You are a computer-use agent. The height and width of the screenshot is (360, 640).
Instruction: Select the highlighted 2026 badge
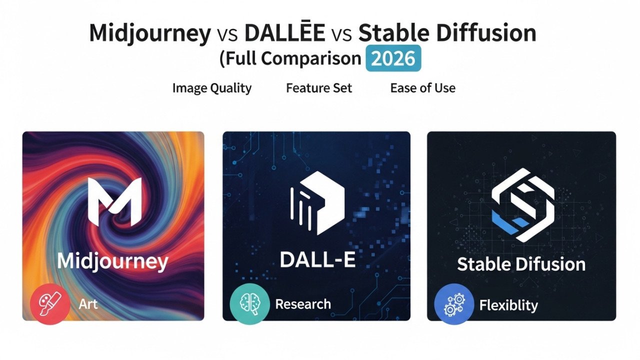click(x=394, y=58)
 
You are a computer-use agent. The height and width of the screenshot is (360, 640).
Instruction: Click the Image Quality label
click(x=211, y=88)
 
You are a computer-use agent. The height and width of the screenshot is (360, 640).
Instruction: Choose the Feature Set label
click(x=319, y=88)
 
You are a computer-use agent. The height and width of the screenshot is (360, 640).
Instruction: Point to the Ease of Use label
click(x=422, y=88)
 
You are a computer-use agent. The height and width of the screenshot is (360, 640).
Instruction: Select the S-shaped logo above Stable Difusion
click(x=522, y=205)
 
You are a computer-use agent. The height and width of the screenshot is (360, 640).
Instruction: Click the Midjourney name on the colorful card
click(x=112, y=261)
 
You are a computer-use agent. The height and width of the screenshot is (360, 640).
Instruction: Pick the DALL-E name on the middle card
click(x=317, y=259)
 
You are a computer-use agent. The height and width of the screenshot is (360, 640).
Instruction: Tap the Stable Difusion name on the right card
click(x=521, y=264)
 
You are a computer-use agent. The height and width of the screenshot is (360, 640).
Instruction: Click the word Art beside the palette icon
click(x=88, y=304)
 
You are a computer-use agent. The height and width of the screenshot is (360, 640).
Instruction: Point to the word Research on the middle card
click(x=302, y=304)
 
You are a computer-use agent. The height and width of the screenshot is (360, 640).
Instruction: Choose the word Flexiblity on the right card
click(x=508, y=305)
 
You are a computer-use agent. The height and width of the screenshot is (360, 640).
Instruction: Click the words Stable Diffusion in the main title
click(x=447, y=33)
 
